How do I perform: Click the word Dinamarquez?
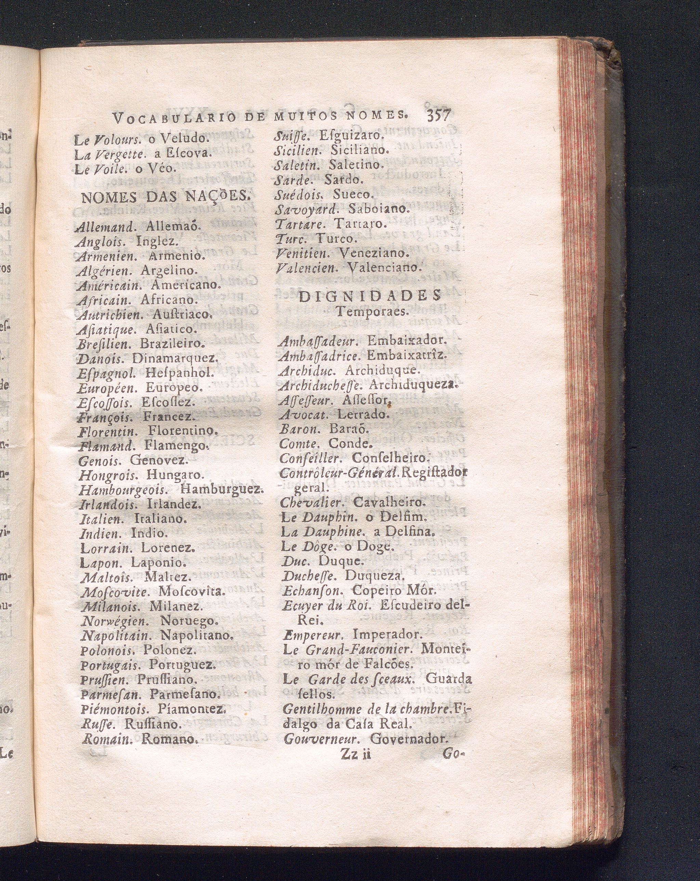[x=174, y=358]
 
